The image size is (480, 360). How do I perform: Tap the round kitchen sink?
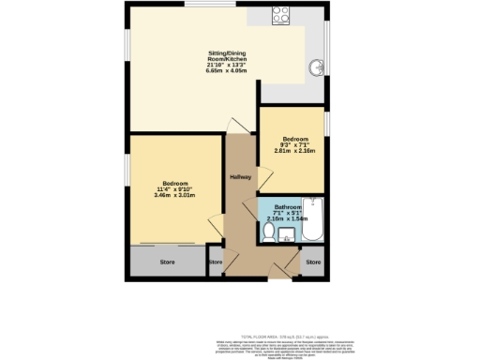pos(318,67)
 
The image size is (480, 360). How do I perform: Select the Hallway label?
pos(240,178)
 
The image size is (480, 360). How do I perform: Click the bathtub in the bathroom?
pos(313,222)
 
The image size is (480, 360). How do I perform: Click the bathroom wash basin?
pos(285,234)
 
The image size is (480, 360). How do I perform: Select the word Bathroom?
pos(288,206)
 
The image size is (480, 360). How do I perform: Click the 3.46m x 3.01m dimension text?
pos(175,195)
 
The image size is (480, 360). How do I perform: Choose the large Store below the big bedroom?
pos(168,262)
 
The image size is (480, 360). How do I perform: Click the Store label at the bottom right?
pos(313,262)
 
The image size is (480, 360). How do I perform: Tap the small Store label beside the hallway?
pos(215,262)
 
